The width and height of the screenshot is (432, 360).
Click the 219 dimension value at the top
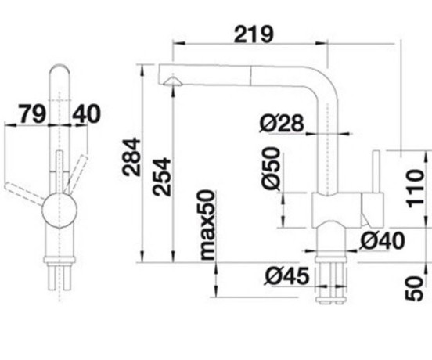point(254,34)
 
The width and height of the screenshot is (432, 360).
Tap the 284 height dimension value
point(131,157)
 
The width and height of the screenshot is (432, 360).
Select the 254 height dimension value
point(162,177)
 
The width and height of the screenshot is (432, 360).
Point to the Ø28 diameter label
point(282,123)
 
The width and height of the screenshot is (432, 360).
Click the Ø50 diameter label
point(271,168)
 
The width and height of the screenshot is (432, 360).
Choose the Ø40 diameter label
point(383,240)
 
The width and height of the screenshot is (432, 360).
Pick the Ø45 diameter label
point(286,275)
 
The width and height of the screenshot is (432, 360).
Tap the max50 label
point(207,225)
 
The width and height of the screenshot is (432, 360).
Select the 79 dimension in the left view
point(31,113)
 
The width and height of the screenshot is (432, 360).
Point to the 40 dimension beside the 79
point(87,113)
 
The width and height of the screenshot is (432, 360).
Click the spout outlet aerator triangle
point(172,81)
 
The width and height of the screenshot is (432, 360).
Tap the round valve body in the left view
point(59,210)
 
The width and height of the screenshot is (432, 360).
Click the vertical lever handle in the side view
point(376,171)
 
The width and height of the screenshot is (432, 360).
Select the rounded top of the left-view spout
point(59,70)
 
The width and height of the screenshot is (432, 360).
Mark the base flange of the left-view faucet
point(59,260)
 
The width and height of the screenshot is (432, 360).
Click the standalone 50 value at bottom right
point(414,289)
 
